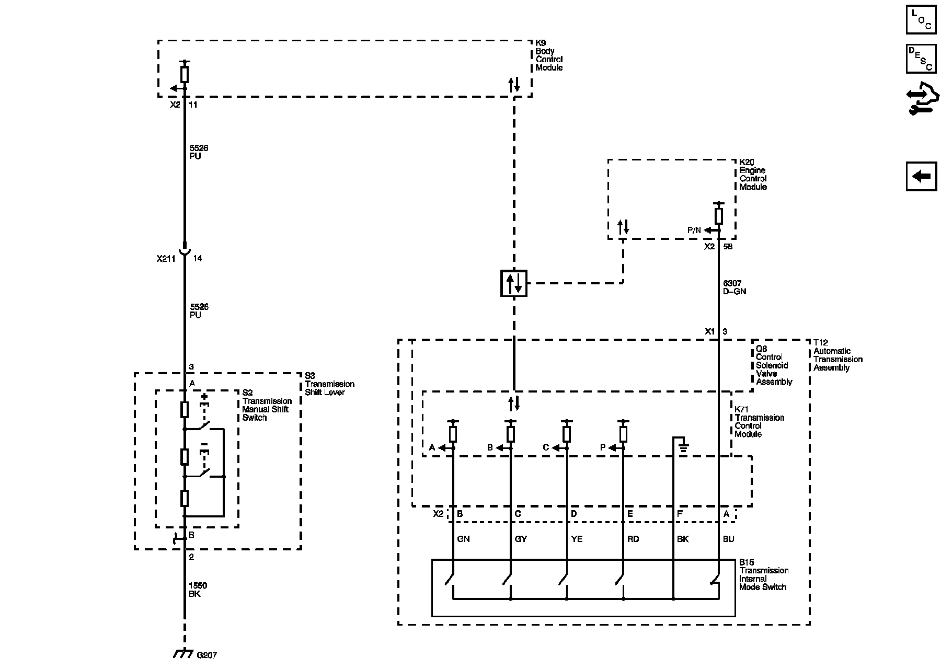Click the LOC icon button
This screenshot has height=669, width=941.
pyautogui.click(x=921, y=19)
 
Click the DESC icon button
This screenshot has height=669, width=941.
pyautogui.click(x=921, y=59)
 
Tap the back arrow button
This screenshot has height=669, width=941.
pyautogui.click(x=921, y=176)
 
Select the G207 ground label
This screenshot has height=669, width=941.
pyautogui.click(x=206, y=655)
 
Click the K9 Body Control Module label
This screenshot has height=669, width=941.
pyautogui.click(x=549, y=60)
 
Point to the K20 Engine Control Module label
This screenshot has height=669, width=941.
pyautogui.click(x=753, y=175)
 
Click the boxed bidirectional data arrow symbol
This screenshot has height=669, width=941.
pyautogui.click(x=514, y=283)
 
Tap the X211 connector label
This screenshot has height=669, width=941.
pyautogui.click(x=166, y=258)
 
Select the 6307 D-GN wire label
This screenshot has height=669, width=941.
pyautogui.click(x=735, y=287)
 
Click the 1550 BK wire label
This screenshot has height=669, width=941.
pyautogui.click(x=198, y=590)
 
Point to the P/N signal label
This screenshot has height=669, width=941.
pyautogui.click(x=694, y=230)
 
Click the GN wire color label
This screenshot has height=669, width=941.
pyautogui.click(x=463, y=539)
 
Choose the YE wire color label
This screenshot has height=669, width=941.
pyautogui.click(x=577, y=539)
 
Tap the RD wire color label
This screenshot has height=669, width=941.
pyautogui.click(x=633, y=539)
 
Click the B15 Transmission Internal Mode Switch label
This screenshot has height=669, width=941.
pyautogui.click(x=763, y=575)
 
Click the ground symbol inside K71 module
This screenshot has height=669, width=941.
pyautogui.click(x=683, y=447)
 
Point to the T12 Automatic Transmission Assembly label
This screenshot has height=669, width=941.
pyautogui.click(x=837, y=355)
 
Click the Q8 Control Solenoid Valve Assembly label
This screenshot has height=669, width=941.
pyautogui.click(x=774, y=365)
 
